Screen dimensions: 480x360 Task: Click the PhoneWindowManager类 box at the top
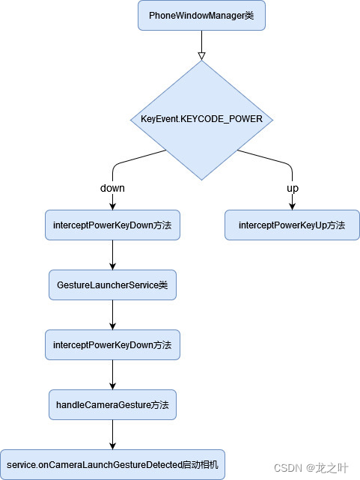[x=201, y=15]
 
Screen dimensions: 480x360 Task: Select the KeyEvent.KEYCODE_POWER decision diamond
[x=201, y=119]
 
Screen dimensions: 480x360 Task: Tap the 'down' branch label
[x=112, y=188]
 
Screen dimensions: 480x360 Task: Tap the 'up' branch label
[x=292, y=188]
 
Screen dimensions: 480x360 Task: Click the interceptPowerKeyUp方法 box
[x=292, y=225]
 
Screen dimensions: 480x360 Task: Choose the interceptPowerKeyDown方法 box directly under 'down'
[x=112, y=225]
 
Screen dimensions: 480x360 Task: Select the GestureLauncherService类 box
[x=112, y=285]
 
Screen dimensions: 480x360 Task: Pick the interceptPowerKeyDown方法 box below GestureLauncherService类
[x=112, y=345]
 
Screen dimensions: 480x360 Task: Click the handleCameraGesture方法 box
[x=112, y=404]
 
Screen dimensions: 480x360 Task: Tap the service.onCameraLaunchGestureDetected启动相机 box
[x=112, y=464]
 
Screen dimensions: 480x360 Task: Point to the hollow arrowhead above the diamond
[x=201, y=55]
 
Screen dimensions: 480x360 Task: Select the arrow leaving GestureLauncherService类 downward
[x=112, y=315]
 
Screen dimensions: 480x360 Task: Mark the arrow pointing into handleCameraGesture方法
[x=112, y=376]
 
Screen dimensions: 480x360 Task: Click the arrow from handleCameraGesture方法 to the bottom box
[x=112, y=435]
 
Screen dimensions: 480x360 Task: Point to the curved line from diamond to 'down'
[x=135, y=158]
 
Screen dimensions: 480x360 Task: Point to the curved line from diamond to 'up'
[x=269, y=158]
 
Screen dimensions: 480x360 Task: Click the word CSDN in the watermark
[x=287, y=468]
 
